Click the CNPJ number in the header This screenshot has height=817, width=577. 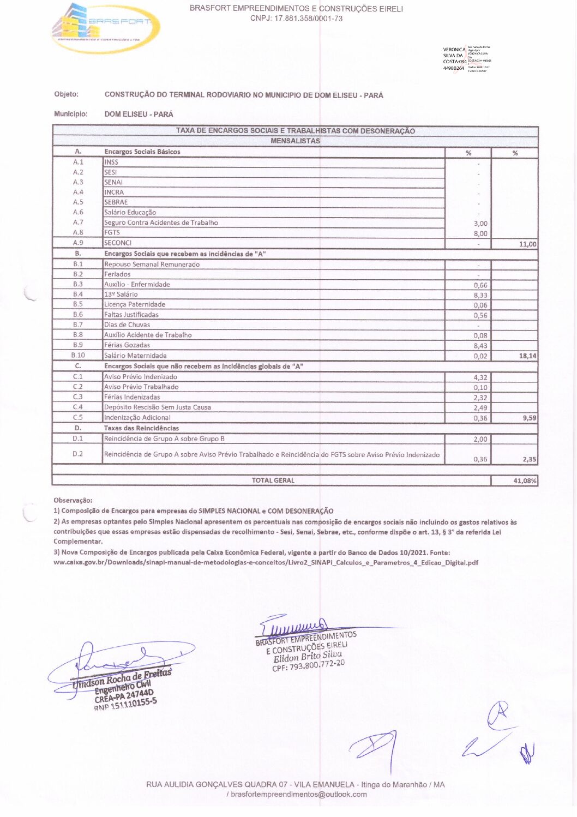(296, 19)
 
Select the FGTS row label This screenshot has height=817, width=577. (112, 232)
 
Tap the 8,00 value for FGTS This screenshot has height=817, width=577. (480, 233)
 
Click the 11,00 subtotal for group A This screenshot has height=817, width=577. (527, 244)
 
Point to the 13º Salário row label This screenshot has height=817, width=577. (121, 295)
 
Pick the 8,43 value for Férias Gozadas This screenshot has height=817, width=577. (480, 346)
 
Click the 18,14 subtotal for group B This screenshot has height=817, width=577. (527, 356)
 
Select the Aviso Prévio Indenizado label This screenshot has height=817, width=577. (140, 377)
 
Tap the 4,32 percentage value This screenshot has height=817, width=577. (480, 377)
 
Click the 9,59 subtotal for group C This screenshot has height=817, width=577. (528, 418)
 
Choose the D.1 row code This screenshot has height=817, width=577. (78, 438)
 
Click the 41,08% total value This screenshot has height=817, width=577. (525, 481)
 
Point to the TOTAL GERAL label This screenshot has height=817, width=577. (273, 480)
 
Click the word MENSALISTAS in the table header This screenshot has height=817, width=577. (295, 141)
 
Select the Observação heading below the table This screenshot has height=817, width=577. (73, 500)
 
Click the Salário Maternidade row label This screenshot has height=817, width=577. (135, 356)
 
